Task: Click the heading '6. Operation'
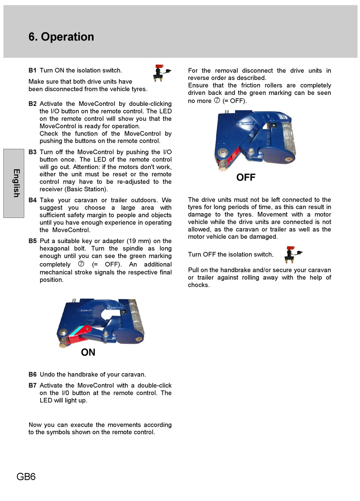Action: point(61,37)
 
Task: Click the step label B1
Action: point(32,70)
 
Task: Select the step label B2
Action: point(32,104)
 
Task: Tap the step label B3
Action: point(32,152)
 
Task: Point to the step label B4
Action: point(32,200)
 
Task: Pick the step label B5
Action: point(32,241)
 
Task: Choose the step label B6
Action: point(32,374)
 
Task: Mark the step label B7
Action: point(32,385)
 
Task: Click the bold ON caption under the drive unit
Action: point(88,352)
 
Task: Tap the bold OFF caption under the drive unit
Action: point(246,177)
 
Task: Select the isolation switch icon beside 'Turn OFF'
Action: point(293,254)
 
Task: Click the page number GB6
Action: point(26,477)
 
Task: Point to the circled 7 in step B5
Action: point(81,264)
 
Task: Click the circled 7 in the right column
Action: point(217,101)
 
